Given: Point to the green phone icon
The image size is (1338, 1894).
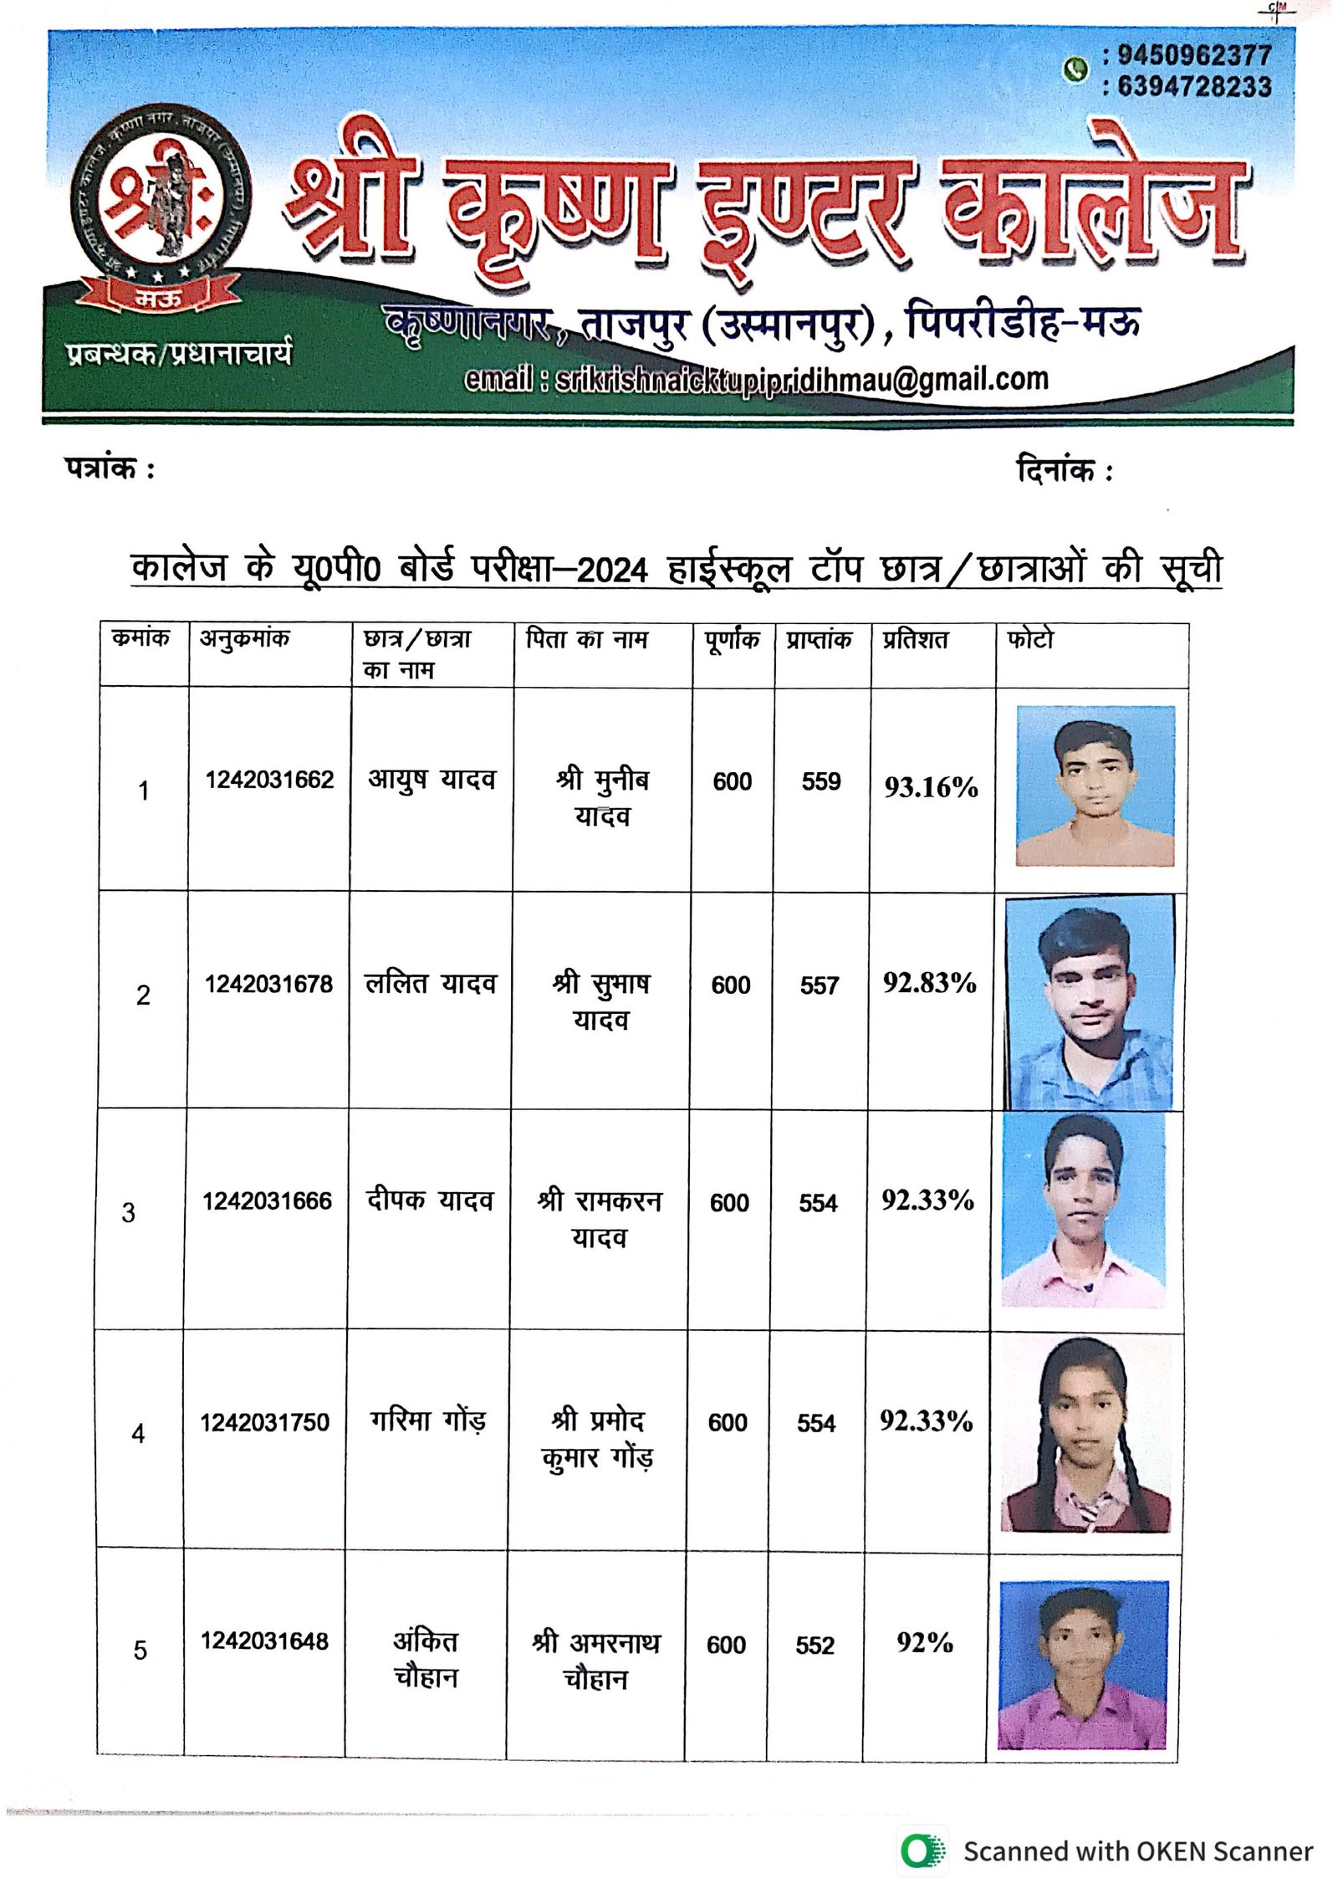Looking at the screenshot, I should click(1075, 69).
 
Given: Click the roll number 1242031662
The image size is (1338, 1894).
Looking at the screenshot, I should click(269, 780).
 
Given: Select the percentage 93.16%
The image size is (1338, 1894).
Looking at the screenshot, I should click(931, 787).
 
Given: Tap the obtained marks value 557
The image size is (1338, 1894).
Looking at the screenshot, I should click(819, 985).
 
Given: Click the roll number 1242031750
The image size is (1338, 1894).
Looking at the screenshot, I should click(264, 1422).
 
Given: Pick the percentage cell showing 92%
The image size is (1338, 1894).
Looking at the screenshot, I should click(924, 1642).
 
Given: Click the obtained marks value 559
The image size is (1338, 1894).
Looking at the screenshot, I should click(820, 781).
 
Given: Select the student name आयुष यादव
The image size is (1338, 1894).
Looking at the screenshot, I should click(432, 780).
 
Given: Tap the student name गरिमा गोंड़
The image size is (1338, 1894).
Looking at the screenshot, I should click(427, 1421).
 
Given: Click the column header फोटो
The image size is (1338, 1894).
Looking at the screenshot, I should click(1030, 640).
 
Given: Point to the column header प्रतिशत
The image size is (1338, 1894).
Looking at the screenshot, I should click(915, 640).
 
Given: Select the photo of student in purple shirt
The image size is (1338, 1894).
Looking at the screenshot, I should click(1082, 1665).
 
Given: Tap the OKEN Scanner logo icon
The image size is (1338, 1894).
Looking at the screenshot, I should click(922, 1851).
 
